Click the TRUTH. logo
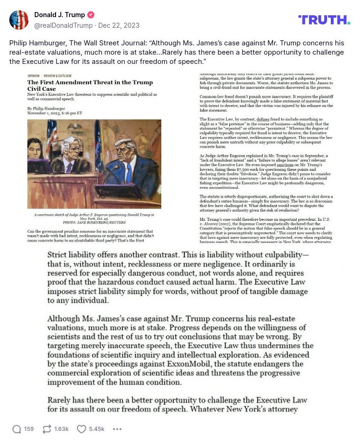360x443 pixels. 324,20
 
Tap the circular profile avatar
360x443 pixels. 19,20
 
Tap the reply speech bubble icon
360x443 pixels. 17,429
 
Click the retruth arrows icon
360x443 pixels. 46,429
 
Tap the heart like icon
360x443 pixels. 82,429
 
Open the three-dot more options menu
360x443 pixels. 117,429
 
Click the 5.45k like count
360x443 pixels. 97,429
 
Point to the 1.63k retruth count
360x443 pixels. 61,429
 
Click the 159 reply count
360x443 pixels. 29,429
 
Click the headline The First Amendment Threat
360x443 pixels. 90,85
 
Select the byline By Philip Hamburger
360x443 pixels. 46,108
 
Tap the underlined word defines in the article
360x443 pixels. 265,119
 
